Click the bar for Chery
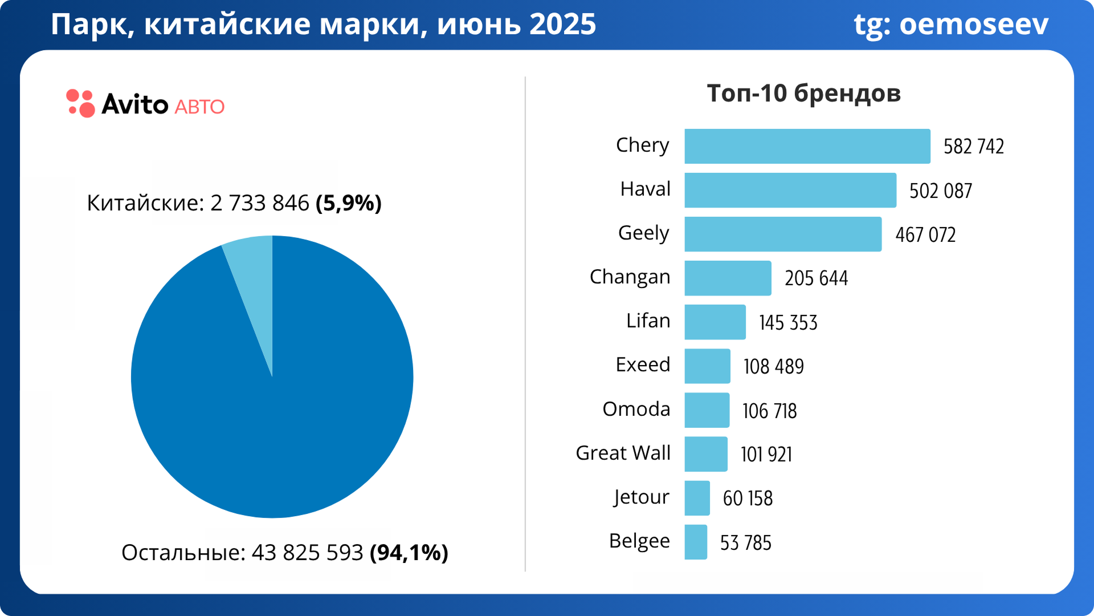pos(807,147)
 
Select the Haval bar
pos(790,191)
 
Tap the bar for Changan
pos(728,278)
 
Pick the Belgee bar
pos(696,542)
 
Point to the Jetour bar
pos(697,498)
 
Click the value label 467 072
pos(925,234)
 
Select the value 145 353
pos(788,322)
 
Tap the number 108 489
pos(773,366)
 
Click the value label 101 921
pos(766,454)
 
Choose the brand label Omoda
pos(636,409)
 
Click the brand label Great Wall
pos(623,453)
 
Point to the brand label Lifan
pos(648,321)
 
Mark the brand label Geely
pos(643,233)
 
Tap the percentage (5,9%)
pos(349,203)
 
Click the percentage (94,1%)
pos(409,553)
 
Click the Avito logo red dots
pos(80,103)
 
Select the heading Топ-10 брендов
pos(803,93)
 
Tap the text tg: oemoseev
pos(950,25)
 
